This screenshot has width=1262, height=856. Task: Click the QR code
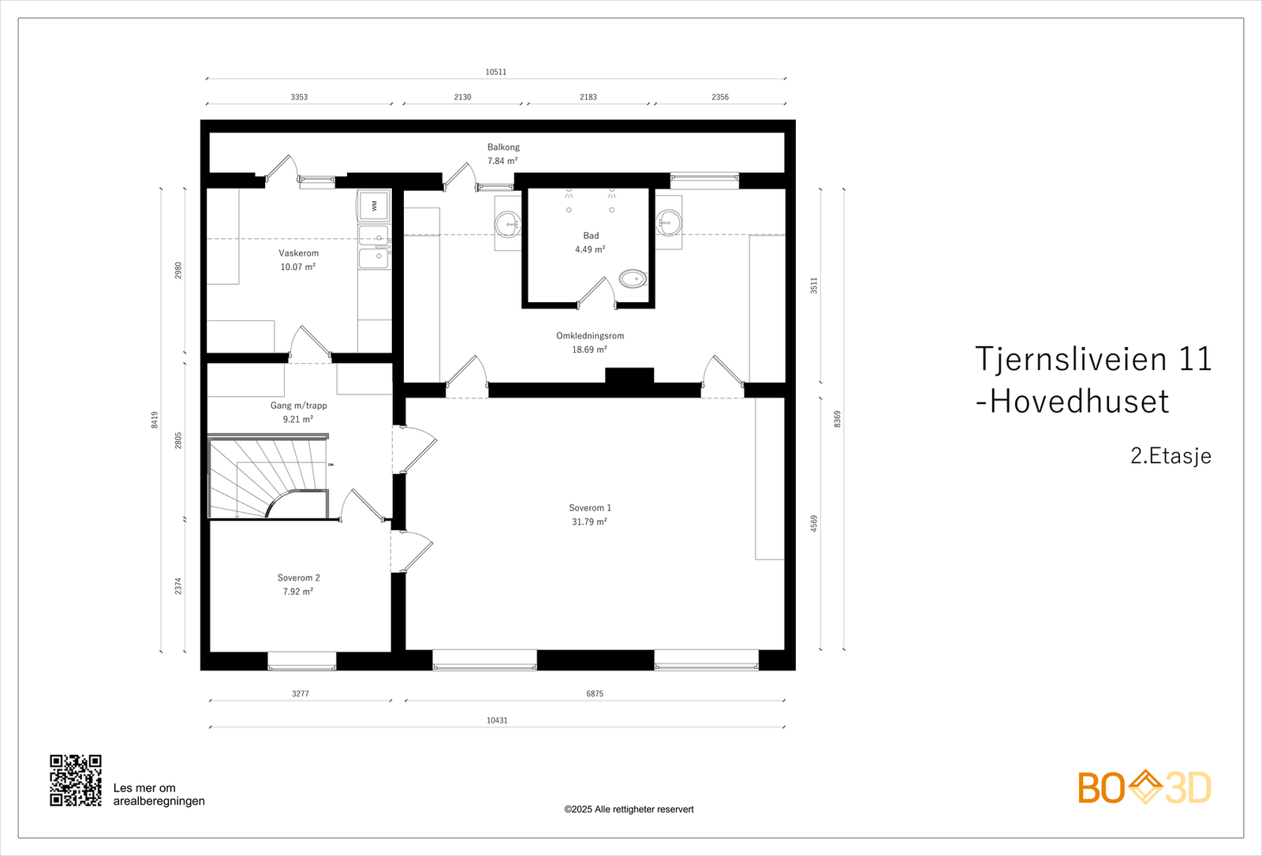tap(76, 780)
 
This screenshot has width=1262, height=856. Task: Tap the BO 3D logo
tap(1144, 787)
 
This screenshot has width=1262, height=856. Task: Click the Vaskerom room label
tap(298, 253)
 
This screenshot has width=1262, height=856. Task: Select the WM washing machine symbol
tap(374, 205)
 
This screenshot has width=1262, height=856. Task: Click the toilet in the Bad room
tap(632, 278)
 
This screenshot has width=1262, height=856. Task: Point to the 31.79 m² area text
tap(589, 522)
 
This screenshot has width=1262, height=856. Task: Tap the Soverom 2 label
tap(298, 578)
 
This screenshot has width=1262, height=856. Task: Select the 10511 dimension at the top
tap(495, 72)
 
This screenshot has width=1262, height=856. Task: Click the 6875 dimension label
tap(595, 694)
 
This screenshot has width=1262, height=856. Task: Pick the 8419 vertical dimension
tap(155, 420)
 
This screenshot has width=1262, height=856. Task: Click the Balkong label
tap(503, 148)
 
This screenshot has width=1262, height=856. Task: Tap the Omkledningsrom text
tap(590, 336)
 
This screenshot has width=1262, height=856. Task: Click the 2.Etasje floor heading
tap(1171, 456)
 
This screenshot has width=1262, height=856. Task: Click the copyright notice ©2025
tap(629, 809)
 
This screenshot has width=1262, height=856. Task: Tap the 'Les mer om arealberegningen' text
tap(159, 794)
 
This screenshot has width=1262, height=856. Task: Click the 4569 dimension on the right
tap(814, 524)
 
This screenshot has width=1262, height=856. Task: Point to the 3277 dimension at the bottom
tap(300, 694)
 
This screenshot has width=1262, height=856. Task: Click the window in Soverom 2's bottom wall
tap(302, 661)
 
